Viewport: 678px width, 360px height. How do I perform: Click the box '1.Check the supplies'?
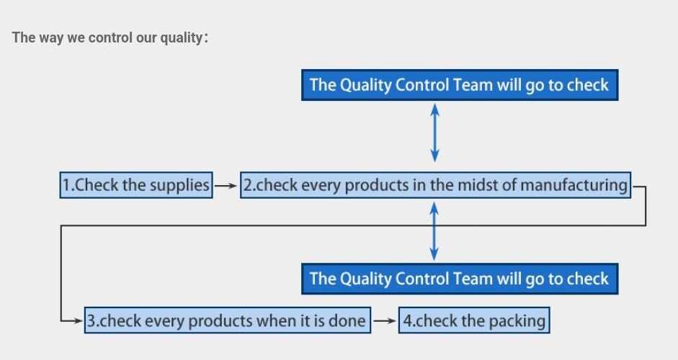[136, 186]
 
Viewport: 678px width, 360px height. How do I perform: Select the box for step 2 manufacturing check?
[435, 186]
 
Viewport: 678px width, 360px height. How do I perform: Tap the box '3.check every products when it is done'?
[228, 320]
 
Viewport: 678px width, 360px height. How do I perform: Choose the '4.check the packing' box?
[474, 320]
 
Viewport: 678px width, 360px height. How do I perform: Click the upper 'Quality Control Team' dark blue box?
[460, 85]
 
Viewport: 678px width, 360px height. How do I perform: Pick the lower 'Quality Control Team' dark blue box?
[460, 279]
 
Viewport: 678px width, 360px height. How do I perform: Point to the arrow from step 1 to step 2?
[226, 186]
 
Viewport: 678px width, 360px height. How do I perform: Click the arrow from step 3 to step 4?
[385, 320]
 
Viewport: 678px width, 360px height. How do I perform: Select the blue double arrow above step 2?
[435, 133]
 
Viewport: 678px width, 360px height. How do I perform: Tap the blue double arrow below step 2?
[434, 231]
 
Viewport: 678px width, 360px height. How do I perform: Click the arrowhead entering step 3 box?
[79, 320]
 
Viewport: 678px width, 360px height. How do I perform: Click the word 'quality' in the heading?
[181, 38]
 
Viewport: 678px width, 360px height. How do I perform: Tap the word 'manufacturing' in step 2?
[574, 186]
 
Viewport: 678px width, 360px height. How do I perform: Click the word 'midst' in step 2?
[478, 185]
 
